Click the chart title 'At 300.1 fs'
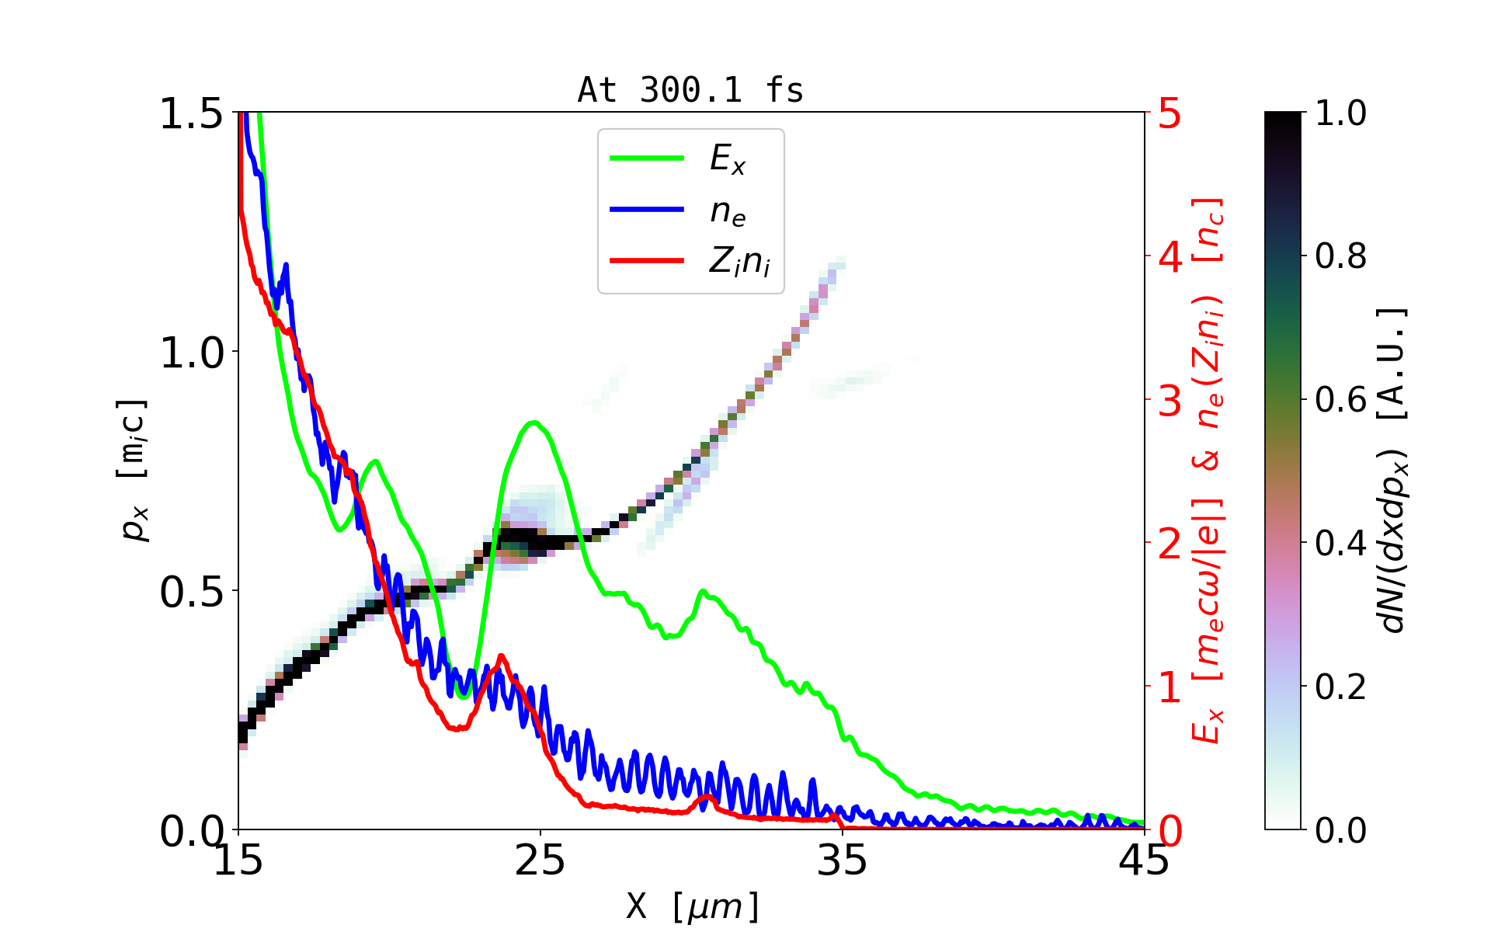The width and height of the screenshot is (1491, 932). point(690,90)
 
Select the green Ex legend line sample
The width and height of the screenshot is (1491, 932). point(647,158)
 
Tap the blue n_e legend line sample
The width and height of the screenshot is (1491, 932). point(647,210)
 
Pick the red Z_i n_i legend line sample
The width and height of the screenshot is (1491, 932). point(647,260)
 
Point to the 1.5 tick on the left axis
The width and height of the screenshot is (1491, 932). point(191,113)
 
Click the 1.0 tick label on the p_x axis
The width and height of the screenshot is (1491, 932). point(191,353)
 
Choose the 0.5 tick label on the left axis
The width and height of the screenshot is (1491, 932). point(191,592)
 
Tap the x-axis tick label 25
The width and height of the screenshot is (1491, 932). point(540,861)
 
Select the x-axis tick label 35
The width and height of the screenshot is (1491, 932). point(843,861)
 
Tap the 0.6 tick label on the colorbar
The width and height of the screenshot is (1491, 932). point(1340,400)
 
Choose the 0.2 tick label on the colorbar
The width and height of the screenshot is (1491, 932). point(1340,687)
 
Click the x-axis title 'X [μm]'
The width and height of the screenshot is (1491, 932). point(693,906)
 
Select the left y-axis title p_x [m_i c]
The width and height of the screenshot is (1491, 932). point(133,470)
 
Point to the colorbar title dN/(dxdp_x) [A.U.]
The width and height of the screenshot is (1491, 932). point(1394,470)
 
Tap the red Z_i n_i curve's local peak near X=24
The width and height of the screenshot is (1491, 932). point(501,656)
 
